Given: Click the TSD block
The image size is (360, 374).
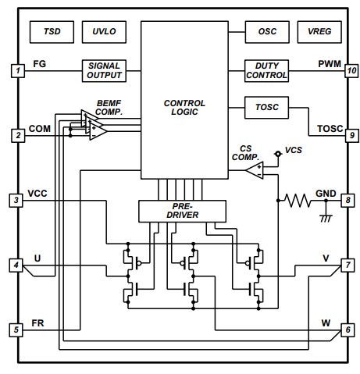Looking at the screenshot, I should click(x=52, y=33).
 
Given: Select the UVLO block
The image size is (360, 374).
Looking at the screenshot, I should click(x=104, y=33).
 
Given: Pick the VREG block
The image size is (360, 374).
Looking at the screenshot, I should click(x=320, y=33).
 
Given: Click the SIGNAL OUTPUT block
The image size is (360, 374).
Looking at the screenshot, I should click(x=105, y=71).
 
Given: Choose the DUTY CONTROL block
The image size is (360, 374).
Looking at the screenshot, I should click(x=267, y=71).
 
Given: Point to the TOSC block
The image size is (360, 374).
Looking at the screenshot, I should click(x=267, y=105).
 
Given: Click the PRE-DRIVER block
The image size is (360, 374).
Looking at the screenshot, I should click(x=182, y=210).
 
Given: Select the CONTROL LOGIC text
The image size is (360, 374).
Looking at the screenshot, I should click(x=184, y=108).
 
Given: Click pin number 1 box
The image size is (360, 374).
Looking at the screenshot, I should click(x=17, y=71).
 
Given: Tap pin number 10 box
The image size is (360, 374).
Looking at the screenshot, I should click(x=351, y=71).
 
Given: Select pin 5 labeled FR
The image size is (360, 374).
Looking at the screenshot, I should click(x=17, y=329).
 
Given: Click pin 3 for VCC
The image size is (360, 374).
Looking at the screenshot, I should click(x=17, y=201).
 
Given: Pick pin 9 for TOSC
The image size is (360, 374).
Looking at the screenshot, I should click(x=351, y=136).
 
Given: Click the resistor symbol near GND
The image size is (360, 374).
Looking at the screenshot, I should click(x=298, y=201).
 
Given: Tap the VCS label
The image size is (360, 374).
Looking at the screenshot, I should click(x=293, y=149).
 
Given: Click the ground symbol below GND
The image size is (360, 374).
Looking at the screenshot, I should click(x=326, y=217).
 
